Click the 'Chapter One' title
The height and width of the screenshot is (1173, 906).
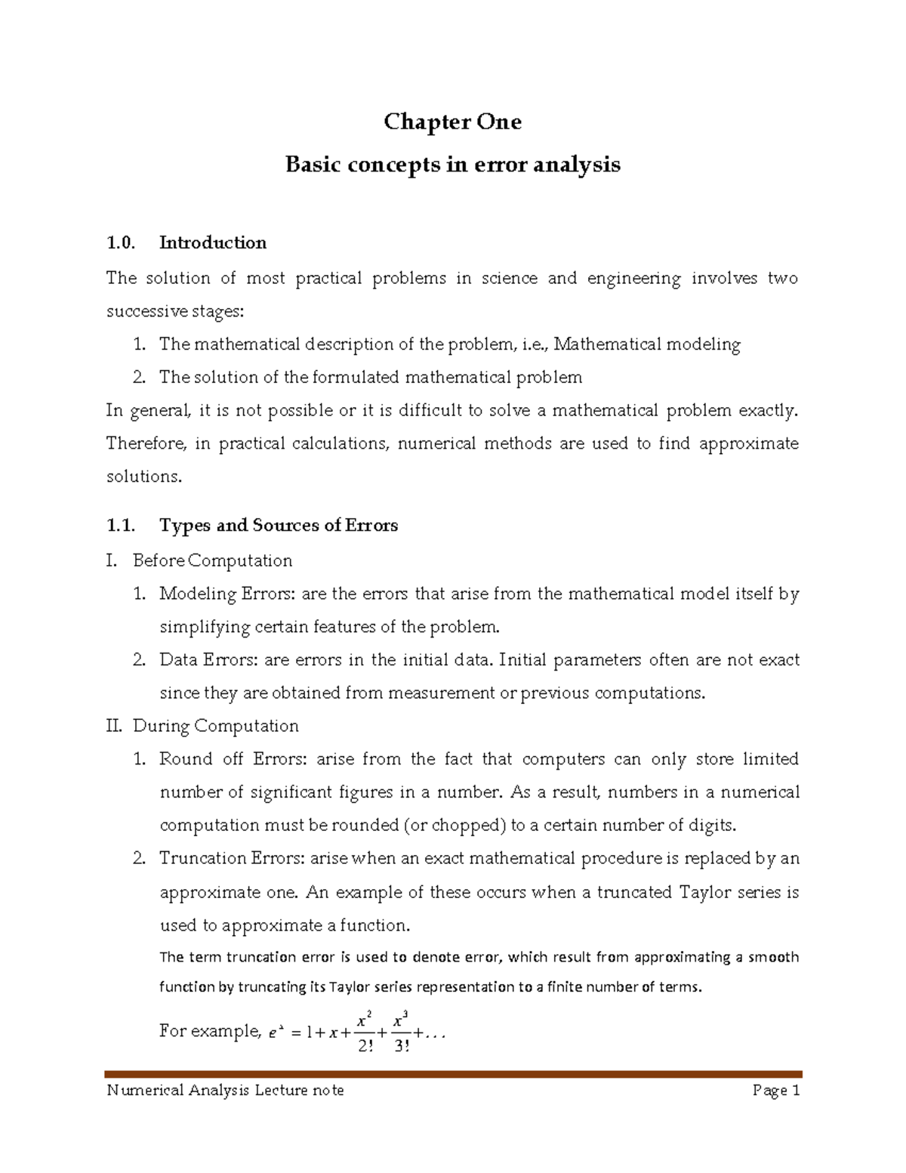pyautogui.click(x=452, y=122)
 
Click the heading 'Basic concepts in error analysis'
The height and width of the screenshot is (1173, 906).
pyautogui.click(x=452, y=165)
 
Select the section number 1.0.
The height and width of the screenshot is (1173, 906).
pyautogui.click(x=121, y=242)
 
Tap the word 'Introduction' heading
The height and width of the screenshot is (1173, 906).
pyautogui.click(x=213, y=242)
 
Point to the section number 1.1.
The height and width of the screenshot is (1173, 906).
pyautogui.click(x=121, y=525)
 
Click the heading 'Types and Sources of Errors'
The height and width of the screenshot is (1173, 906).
pyautogui.click(x=279, y=525)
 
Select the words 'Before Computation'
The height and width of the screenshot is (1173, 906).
pyautogui.click(x=212, y=560)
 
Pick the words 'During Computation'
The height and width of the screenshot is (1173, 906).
pyautogui.click(x=215, y=726)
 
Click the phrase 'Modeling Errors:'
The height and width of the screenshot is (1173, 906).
pyautogui.click(x=227, y=594)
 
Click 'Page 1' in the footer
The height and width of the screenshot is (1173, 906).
pyautogui.click(x=775, y=1090)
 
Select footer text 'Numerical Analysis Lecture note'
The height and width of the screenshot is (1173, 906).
pyautogui.click(x=225, y=1090)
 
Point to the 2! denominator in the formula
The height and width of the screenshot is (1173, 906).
pyautogui.click(x=365, y=1047)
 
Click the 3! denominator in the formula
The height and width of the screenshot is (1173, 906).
pyautogui.click(x=402, y=1047)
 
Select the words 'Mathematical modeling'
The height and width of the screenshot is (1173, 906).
pyautogui.click(x=647, y=344)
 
